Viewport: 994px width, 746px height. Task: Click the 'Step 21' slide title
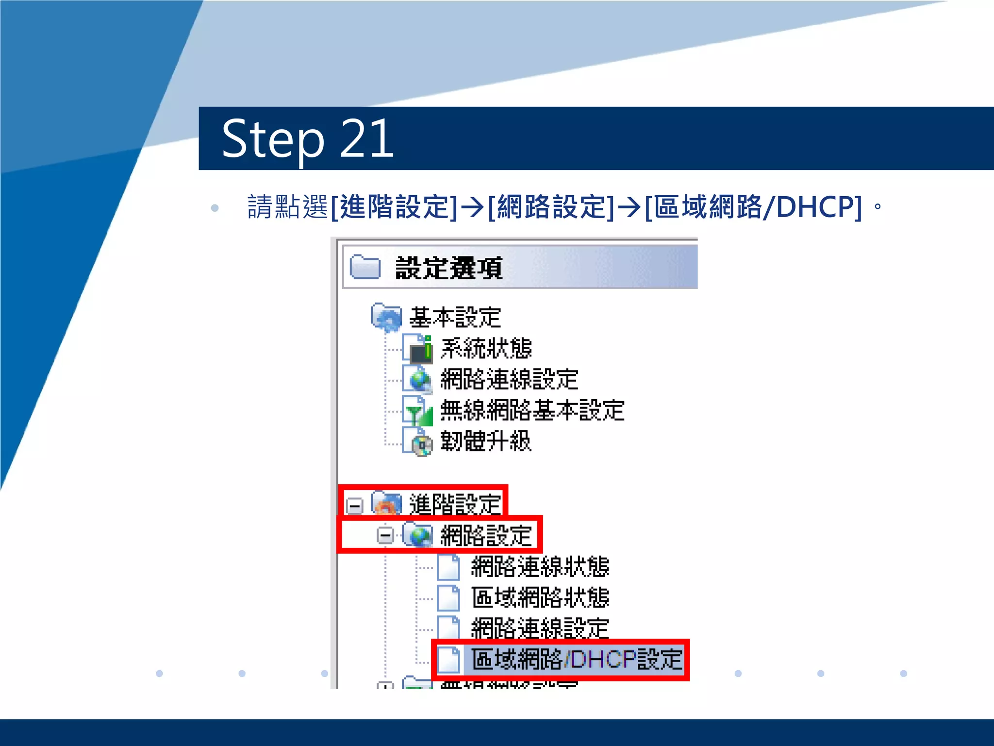[307, 139]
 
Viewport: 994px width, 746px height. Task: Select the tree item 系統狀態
[486, 348]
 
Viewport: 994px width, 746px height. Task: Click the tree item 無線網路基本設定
[532, 410]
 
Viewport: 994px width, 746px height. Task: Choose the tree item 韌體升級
[485, 441]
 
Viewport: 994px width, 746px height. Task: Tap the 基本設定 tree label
[455, 318]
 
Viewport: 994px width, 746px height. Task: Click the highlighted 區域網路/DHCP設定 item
[577, 660]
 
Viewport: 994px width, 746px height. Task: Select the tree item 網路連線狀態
[540, 567]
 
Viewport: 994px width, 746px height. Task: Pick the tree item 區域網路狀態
[540, 598]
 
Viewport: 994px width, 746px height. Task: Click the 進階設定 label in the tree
[455, 504]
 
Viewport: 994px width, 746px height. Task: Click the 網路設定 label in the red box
[486, 536]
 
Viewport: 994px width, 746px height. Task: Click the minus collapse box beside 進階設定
[355, 506]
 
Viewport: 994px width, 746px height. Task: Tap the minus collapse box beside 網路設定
[385, 536]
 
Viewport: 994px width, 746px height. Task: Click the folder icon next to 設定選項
[365, 267]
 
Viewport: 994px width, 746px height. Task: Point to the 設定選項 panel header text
[449, 268]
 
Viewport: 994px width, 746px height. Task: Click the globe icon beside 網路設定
[419, 535]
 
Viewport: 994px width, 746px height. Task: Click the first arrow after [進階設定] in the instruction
[472, 207]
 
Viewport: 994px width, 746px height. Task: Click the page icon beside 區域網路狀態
[448, 598]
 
